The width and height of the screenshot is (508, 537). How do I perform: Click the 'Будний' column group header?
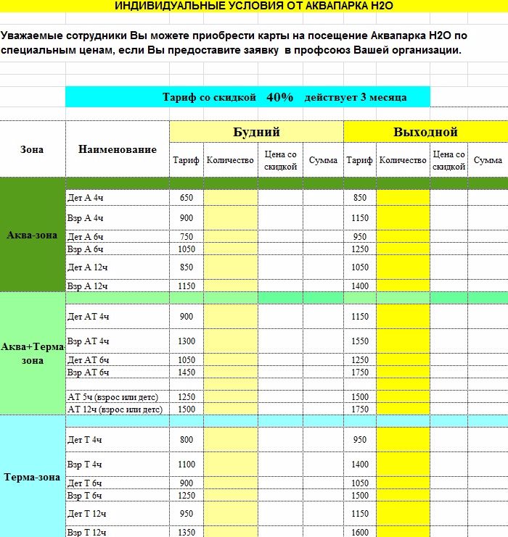pos(256,132)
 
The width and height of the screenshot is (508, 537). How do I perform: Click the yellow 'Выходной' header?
pos(425,132)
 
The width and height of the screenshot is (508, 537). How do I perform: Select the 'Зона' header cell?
pos(32,149)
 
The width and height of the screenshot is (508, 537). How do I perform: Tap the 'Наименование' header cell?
pos(117,149)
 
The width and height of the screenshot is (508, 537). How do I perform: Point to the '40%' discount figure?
pos(280,96)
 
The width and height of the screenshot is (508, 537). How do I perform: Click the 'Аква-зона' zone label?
pos(32,235)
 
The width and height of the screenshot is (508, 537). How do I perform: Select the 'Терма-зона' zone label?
pos(32,478)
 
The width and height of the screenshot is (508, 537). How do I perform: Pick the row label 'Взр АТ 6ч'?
pos(88,372)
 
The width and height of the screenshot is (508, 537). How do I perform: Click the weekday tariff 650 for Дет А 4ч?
pos(187,198)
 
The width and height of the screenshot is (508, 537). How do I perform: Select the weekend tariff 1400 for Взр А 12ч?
pos(360,286)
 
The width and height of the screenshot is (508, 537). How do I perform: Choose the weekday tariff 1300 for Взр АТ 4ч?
pos(187,341)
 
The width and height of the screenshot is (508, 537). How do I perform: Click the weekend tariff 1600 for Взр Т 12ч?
pos(360,532)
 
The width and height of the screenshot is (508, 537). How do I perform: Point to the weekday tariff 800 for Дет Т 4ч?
pos(187,439)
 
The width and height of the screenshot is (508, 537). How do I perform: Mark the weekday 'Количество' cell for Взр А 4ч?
pos(231,218)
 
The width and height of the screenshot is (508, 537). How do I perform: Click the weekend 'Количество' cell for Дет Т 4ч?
pos(403,439)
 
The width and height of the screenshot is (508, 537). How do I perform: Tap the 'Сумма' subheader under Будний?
pos(323,160)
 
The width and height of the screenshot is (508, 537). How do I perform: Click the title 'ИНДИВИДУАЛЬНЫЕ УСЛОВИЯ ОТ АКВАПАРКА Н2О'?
pos(254,5)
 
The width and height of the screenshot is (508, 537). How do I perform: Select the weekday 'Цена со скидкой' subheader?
pos(281,160)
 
